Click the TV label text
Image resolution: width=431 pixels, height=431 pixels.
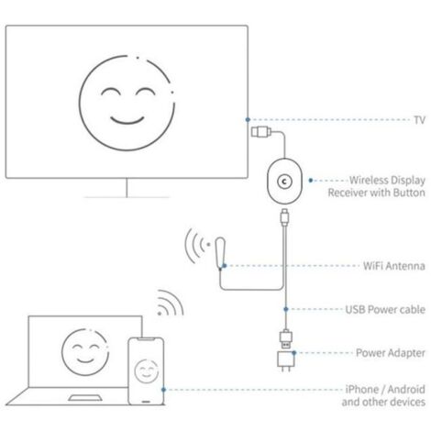pyautogui.click(x=419, y=120)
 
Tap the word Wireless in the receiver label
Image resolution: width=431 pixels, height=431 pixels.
pyautogui.click(x=368, y=180)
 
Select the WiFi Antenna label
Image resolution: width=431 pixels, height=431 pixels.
pyautogui.click(x=394, y=266)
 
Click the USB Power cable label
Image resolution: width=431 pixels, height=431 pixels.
pyautogui.click(x=385, y=309)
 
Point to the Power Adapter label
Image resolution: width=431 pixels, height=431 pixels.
pyautogui.click(x=391, y=353)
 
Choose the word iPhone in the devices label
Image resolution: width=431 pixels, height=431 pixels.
pyautogui.click(x=362, y=390)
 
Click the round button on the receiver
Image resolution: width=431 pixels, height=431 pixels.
pyautogui.click(x=284, y=182)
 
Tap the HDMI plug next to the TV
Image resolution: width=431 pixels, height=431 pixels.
pyautogui.click(x=261, y=132)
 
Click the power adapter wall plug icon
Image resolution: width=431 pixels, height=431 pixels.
pyautogui.click(x=286, y=361)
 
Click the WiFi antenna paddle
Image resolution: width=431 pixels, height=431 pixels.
pyautogui.click(x=221, y=253)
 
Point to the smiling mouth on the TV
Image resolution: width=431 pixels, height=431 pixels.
pyautogui.click(x=127, y=120)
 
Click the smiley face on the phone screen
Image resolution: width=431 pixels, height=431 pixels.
pyautogui.click(x=147, y=371)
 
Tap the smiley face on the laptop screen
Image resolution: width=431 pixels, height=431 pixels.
pyautogui.click(x=85, y=352)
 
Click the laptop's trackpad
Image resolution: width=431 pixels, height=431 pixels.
pyautogui.click(x=84, y=398)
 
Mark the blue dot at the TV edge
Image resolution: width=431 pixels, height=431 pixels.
pyautogui.click(x=248, y=119)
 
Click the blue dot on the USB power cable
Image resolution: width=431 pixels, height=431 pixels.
pyautogui.click(x=286, y=309)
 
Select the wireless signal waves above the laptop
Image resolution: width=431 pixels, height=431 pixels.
pyautogui.click(x=171, y=303)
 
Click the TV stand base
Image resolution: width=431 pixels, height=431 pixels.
pyautogui.click(x=127, y=197)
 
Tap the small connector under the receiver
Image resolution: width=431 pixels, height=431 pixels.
pyautogui.click(x=285, y=216)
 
